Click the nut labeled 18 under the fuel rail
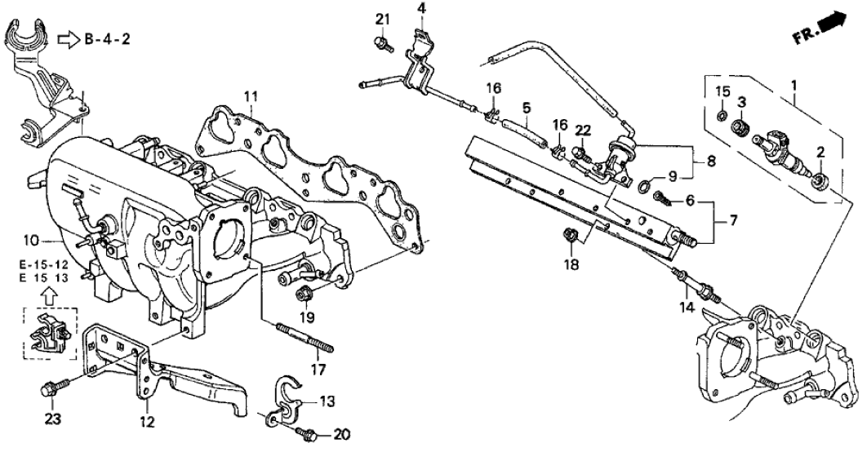point(571,237)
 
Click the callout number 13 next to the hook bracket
point(327,401)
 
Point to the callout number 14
point(685,308)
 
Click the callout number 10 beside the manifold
point(30,240)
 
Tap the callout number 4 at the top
point(421,9)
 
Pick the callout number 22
point(582,131)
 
